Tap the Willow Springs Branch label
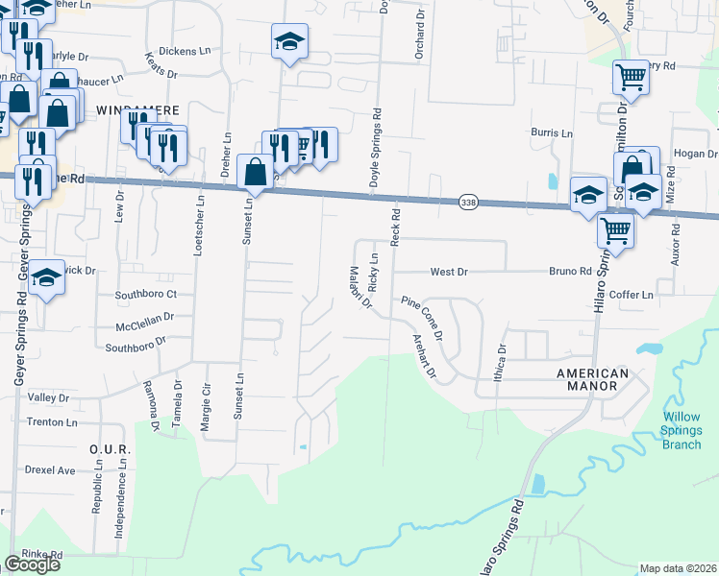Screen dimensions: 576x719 [x=682, y=430]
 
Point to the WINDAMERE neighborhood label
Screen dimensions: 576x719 [x=134, y=110]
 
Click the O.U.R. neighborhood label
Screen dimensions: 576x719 [x=103, y=448]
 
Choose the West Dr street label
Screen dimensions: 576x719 [x=448, y=273]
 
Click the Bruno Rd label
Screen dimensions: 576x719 [x=570, y=272]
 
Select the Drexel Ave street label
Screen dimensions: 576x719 [x=51, y=470]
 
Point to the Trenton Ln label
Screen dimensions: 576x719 [x=52, y=422]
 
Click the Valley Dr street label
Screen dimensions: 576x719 [x=49, y=397]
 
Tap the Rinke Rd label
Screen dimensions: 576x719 [x=42, y=554]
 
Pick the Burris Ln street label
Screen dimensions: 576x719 [x=552, y=132]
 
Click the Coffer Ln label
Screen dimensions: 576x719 [x=631, y=294]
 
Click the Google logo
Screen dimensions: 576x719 [x=32, y=564]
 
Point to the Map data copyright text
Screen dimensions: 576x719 [x=678, y=568]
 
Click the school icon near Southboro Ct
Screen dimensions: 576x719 [x=45, y=279]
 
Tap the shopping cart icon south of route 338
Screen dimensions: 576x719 [x=614, y=230]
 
